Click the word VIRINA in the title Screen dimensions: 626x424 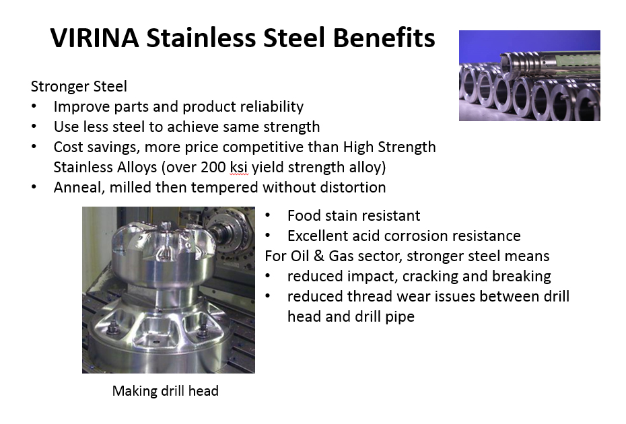pyautogui.click(x=95, y=38)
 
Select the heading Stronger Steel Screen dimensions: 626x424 pyautogui.click(x=79, y=86)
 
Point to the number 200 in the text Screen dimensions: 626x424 pyautogui.click(x=213, y=167)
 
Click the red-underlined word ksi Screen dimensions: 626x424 pyautogui.click(x=239, y=167)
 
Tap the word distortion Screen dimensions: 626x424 pyautogui.click(x=353, y=187)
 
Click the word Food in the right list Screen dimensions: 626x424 pyautogui.click(x=304, y=215)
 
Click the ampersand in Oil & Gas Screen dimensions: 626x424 pyautogui.click(x=319, y=256)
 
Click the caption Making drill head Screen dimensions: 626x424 pyautogui.click(x=166, y=391)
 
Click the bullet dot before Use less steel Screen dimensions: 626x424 pyautogui.click(x=34, y=127)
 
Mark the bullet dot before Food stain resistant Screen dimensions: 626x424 pyautogui.click(x=267, y=215)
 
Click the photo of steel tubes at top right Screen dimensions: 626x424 pyautogui.click(x=529, y=75)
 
